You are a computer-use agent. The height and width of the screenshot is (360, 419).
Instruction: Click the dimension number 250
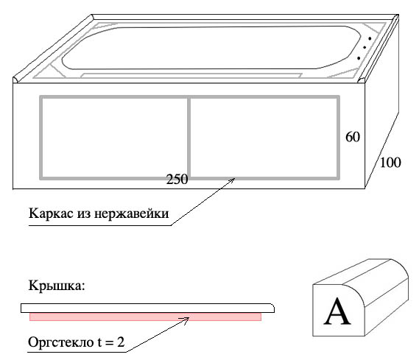click(x=177, y=179)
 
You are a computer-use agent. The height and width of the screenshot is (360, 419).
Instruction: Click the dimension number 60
click(x=353, y=137)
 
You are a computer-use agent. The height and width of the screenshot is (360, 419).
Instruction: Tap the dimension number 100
click(x=390, y=163)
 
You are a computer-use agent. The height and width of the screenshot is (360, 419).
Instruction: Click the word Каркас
click(x=51, y=213)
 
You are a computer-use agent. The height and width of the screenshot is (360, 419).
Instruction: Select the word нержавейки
click(x=131, y=214)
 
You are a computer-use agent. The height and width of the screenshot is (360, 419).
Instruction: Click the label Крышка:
click(x=57, y=285)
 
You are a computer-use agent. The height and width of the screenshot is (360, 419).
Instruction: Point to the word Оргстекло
click(x=60, y=342)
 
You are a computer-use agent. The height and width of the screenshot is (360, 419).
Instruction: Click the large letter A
click(x=337, y=311)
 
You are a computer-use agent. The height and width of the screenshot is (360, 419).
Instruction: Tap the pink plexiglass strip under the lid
click(x=145, y=317)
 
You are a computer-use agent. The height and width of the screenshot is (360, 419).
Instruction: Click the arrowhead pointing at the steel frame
click(x=232, y=180)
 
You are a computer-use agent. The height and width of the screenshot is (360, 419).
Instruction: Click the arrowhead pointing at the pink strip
click(x=186, y=319)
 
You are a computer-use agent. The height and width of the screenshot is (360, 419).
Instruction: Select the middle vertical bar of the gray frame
click(x=189, y=138)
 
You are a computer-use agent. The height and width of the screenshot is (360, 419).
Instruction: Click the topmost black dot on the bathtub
click(x=370, y=39)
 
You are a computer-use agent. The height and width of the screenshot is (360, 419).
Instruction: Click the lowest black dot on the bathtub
click(x=359, y=58)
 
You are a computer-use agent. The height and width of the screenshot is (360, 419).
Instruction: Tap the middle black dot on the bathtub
click(x=365, y=48)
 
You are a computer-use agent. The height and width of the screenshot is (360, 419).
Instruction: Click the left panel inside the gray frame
click(x=115, y=138)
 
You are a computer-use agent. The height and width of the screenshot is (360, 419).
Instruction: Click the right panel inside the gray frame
click(x=264, y=138)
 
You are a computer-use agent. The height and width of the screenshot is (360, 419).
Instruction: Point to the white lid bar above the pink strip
click(x=147, y=308)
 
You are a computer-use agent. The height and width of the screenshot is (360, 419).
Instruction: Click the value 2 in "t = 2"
click(x=121, y=342)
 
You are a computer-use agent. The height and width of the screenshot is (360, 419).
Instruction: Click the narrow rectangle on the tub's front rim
click(x=191, y=75)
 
